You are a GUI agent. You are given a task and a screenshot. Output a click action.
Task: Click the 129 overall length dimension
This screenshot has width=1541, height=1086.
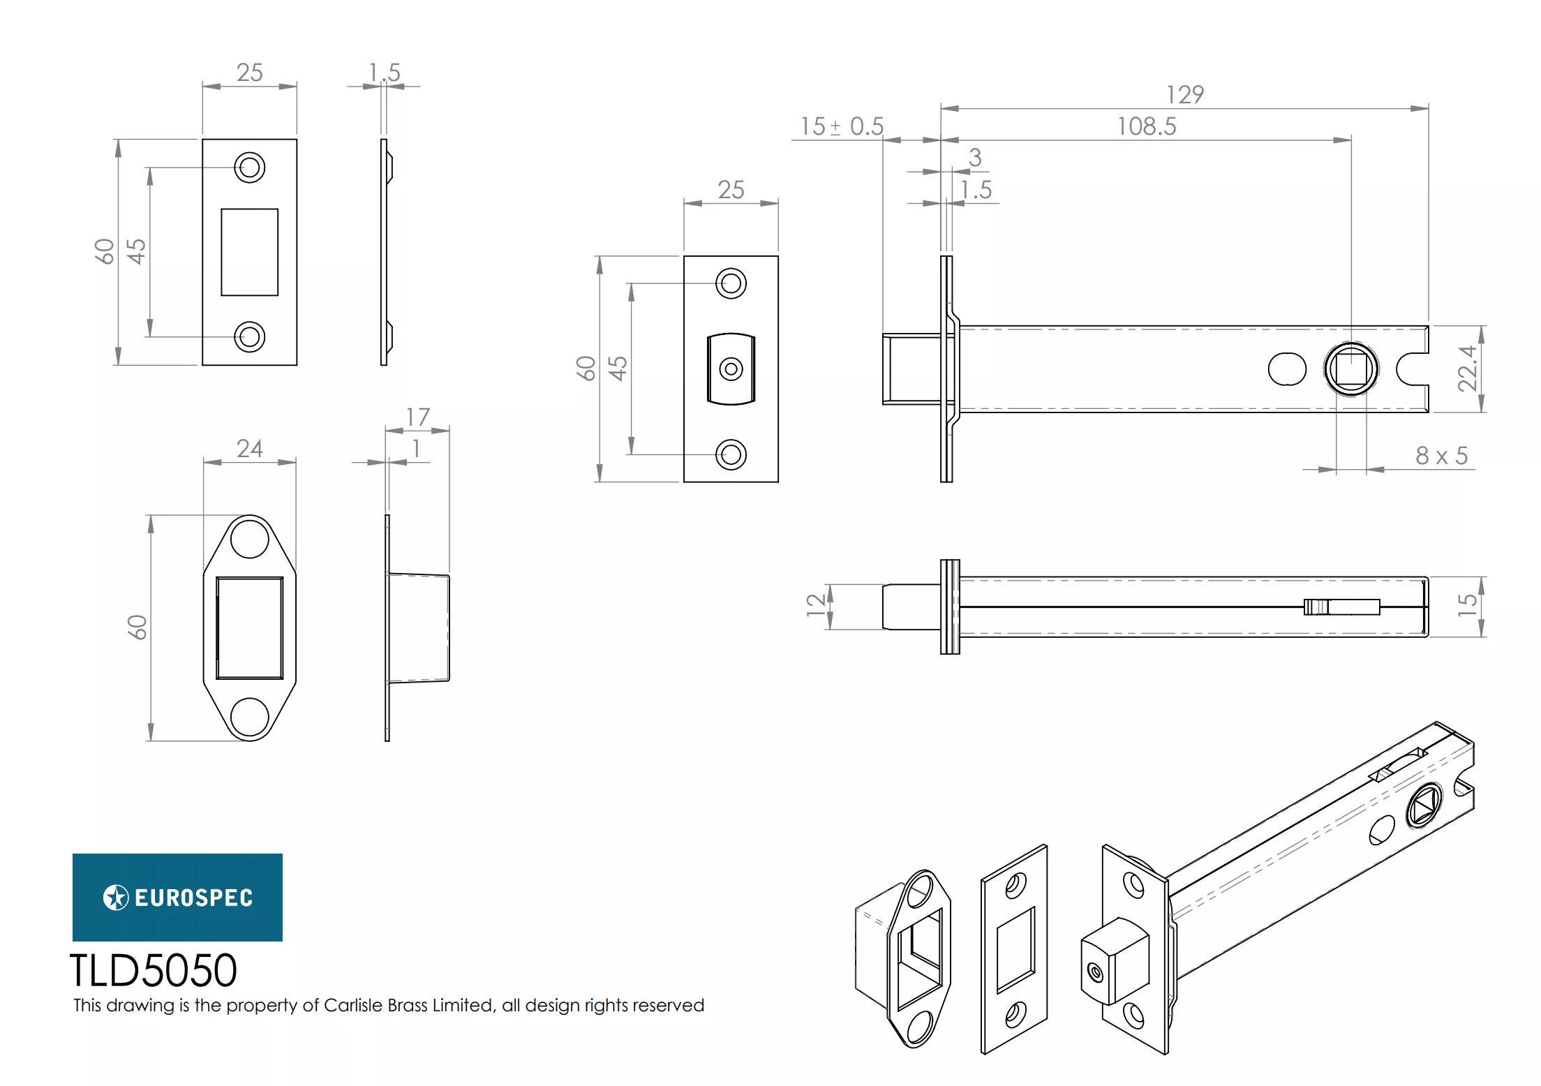pos(1184,95)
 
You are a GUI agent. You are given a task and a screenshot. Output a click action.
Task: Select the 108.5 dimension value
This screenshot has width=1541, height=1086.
pos(1146,127)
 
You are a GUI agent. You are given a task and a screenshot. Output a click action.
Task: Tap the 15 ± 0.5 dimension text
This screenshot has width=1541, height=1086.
pos(842,127)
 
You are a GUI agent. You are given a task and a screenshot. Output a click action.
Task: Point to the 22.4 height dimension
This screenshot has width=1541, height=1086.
pos(1467,369)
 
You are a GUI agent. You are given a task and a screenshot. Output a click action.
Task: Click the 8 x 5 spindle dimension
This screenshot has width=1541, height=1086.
pos(1441,456)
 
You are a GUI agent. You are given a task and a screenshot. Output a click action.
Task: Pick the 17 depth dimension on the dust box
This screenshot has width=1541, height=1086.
pos(417,417)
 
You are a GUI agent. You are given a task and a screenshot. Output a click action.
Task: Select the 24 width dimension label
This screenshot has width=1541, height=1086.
pos(249,449)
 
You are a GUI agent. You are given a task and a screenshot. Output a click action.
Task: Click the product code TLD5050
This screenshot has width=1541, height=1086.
pos(154,971)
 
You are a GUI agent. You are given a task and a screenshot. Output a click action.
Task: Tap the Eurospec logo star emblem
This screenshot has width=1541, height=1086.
pos(116,898)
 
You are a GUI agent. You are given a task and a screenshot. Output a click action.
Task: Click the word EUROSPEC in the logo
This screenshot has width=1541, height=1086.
pos(193,898)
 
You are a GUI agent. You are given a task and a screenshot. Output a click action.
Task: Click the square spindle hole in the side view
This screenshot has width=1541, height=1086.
pos(1350,369)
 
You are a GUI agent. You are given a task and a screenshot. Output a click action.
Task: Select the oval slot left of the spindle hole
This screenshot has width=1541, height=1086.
pos(1286,369)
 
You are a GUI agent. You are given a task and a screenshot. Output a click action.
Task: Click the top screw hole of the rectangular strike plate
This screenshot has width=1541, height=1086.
pos(249,168)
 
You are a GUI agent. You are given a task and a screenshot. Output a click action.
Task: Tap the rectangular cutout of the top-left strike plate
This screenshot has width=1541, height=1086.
pos(249,252)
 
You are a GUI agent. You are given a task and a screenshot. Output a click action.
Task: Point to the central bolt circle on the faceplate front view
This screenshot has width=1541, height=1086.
pos(731,369)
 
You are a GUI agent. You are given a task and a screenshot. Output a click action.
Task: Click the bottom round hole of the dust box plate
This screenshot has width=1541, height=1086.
pos(249,717)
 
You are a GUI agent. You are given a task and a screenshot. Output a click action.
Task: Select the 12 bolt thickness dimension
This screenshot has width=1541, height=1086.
pos(815,605)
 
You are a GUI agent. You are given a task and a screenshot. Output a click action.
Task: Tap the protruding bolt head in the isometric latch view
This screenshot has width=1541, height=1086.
pos(1114,962)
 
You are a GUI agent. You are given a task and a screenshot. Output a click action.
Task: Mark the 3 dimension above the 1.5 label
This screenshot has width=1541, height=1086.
pos(975,158)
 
